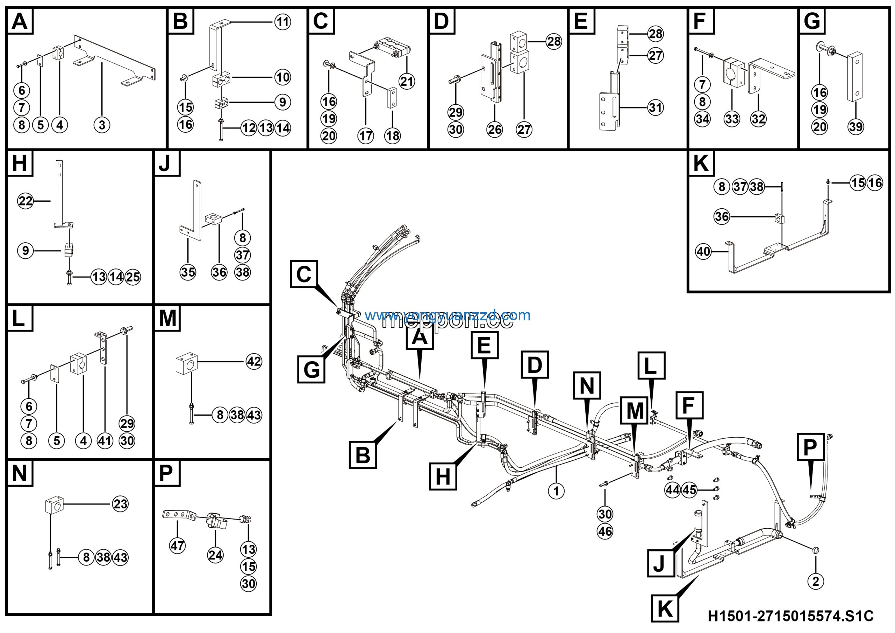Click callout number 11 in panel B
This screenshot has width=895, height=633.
click(x=282, y=22)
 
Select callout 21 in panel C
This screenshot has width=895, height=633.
click(x=407, y=81)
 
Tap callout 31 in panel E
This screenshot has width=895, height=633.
click(x=655, y=107)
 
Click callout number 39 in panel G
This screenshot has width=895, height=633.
click(x=855, y=126)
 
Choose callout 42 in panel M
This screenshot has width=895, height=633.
click(x=254, y=361)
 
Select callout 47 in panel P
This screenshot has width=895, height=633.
click(x=177, y=545)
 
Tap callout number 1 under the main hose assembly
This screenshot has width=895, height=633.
click(x=556, y=491)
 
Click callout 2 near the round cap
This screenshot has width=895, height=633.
click(x=816, y=582)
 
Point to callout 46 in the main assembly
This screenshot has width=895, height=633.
click(x=605, y=531)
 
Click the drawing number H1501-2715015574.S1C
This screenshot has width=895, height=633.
click(x=790, y=616)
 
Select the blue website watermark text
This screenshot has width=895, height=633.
click(x=447, y=315)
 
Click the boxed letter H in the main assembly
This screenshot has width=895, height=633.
click(x=443, y=477)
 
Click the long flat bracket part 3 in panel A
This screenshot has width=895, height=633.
click(x=117, y=58)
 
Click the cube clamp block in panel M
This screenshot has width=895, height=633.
click(x=187, y=363)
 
